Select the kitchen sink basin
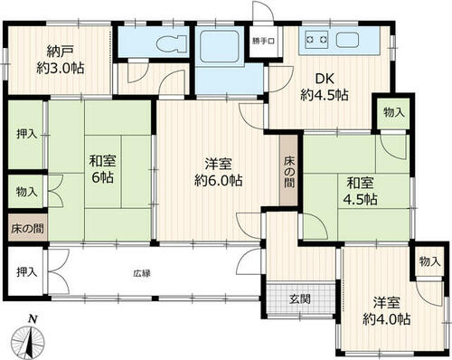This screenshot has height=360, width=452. pos(347,40)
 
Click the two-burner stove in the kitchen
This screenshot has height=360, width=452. pos(315,39)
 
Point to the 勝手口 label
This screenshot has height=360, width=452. pos(263,42)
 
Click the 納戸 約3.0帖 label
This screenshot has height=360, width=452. pos(61,60)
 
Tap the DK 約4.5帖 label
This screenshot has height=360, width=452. pos(325,87)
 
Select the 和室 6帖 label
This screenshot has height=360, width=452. pos(103,169)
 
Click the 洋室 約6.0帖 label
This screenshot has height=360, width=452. pos(218,173)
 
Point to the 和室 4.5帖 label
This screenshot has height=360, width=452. pos(361,191)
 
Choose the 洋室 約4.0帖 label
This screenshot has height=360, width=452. pos(387,311)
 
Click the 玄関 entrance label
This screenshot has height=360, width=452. pos(300,299)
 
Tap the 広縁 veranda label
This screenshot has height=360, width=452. pos(142,273)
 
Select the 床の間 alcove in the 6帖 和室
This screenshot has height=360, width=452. pos(27,228)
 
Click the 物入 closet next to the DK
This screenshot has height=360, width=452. pos(393,113)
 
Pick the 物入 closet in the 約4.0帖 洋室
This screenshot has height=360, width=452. pos(429,261)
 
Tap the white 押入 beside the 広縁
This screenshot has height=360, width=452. pos(26,272)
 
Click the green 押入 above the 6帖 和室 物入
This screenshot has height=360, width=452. pos(26,135)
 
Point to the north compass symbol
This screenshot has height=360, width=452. pos(29,337)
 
